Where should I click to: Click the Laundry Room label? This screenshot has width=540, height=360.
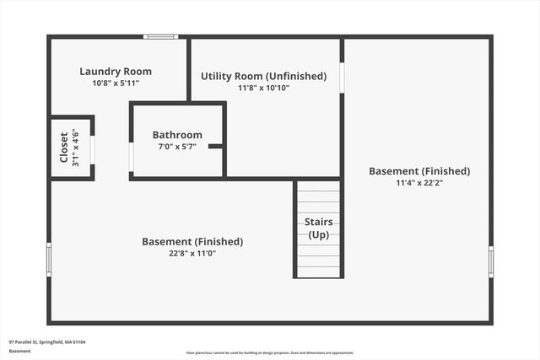tap(115, 72)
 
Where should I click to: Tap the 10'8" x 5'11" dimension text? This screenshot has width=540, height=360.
tap(115, 83)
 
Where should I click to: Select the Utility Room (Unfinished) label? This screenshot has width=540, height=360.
tap(263, 76)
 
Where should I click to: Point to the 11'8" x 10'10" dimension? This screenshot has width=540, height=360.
tap(263, 88)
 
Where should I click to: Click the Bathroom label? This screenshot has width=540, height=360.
tap(177, 135)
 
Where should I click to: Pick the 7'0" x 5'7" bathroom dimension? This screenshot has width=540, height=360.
tap(177, 147)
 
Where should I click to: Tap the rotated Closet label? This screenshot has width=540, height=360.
tap(64, 148)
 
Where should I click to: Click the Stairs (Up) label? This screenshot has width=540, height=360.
tap(318, 228)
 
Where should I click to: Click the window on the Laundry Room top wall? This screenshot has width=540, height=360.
tap(160, 36)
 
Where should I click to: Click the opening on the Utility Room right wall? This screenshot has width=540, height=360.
tap(342, 78)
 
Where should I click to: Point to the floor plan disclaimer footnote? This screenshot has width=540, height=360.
tap(270, 353)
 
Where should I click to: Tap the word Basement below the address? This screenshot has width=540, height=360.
tap(19, 350)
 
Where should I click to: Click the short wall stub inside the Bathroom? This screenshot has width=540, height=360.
tap(216, 146)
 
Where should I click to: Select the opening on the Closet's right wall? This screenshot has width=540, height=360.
tap(92, 148)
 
